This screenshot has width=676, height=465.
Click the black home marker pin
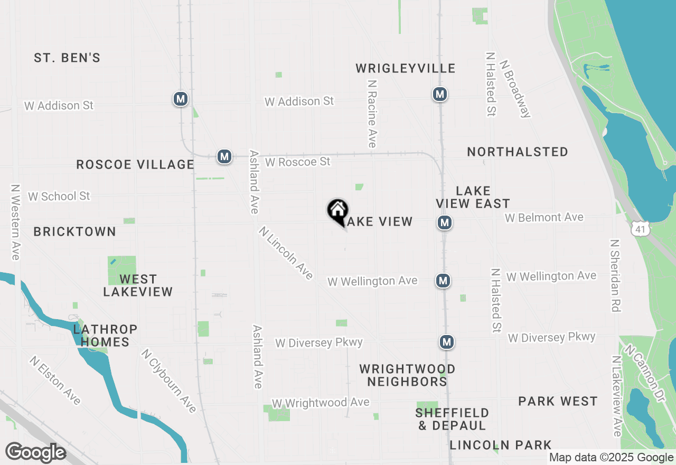[337, 211]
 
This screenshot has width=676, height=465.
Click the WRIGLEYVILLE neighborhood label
[405, 68]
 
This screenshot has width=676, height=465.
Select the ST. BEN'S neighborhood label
[67, 58]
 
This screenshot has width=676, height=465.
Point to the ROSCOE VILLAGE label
[135, 164]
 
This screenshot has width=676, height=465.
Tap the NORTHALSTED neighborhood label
[518, 152]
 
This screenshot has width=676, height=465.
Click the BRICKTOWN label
[74, 231]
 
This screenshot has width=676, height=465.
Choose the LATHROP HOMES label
[105, 336]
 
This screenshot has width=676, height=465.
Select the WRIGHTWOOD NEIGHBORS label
[407, 375]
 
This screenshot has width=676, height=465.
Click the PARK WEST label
[558, 401]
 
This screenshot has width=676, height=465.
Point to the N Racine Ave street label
[372, 114]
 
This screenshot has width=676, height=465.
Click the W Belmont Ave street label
[544, 217]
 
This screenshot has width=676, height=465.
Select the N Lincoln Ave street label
[286, 253]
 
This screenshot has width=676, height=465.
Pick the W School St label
[59, 196]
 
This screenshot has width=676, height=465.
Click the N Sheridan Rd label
[615, 275]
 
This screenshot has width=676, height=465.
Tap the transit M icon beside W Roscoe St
[224, 156]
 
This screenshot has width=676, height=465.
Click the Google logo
[35, 453]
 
